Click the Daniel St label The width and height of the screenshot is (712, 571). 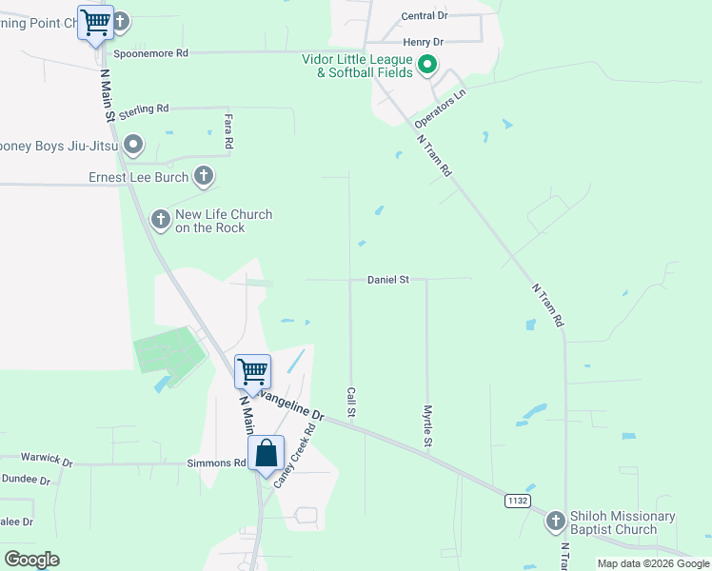pyautogui.click(x=388, y=280)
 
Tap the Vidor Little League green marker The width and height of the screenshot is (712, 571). pyautogui.click(x=427, y=65)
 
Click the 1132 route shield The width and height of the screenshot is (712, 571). pyautogui.click(x=517, y=501)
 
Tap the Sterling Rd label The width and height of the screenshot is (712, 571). pyautogui.click(x=144, y=109)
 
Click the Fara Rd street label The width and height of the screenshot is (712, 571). pyautogui.click(x=228, y=130)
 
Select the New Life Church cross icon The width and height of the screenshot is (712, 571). pyautogui.click(x=161, y=220)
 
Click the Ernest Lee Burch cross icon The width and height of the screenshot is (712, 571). pyautogui.click(x=203, y=175)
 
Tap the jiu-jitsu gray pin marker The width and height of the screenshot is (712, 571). pyautogui.click(x=134, y=146)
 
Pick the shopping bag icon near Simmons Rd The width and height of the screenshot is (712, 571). pyautogui.click(x=267, y=454)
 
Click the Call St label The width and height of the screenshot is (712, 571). pyautogui.click(x=351, y=402)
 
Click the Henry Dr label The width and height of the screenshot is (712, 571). pyautogui.click(x=424, y=42)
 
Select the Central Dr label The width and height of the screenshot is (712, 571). pyautogui.click(x=425, y=16)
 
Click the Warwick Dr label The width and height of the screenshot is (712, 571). pyautogui.click(x=48, y=464)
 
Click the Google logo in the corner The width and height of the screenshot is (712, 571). pyautogui.click(x=32, y=560)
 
